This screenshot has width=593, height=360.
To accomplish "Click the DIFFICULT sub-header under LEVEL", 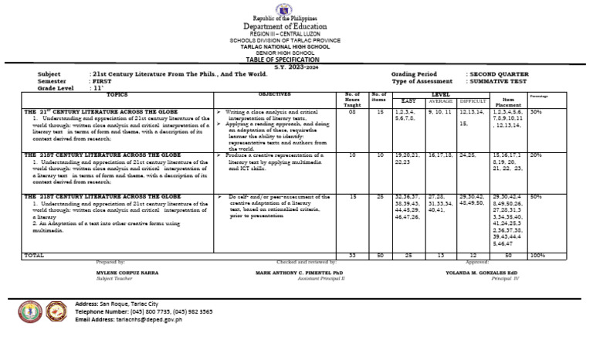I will [x=473, y=100].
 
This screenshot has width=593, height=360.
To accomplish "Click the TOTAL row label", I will [x=35, y=254].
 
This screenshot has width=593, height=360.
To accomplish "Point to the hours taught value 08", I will [x=351, y=112].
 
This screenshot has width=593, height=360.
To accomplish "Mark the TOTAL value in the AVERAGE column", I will [x=441, y=254].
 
